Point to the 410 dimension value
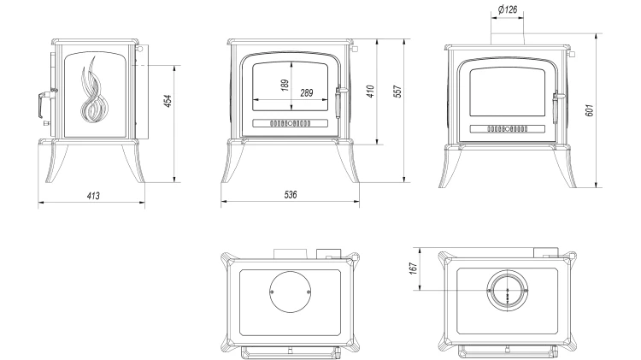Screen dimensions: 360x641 [x=370, y=92]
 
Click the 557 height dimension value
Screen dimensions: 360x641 [x=399, y=92]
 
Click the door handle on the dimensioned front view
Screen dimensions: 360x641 [x=339, y=99]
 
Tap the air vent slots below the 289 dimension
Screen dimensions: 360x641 [x=291, y=123]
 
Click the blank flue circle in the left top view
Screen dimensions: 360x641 [x=290, y=292]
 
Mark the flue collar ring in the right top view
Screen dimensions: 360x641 [x=507, y=292]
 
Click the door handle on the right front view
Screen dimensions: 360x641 [x=556, y=104]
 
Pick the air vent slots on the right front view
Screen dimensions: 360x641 [x=507, y=130]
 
